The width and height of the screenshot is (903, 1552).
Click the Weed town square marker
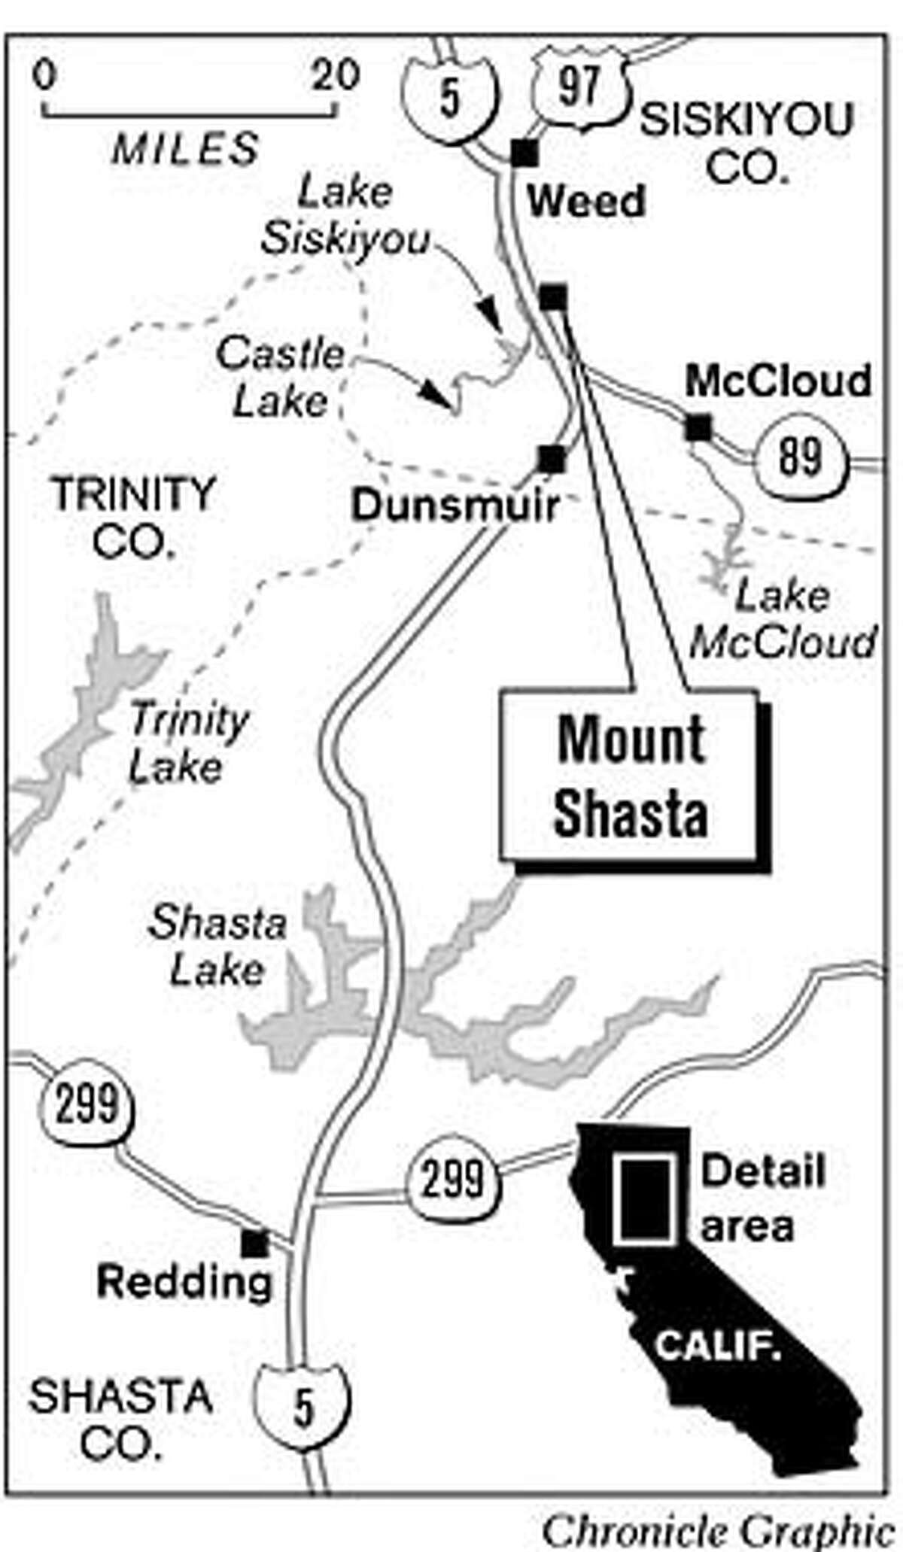click(524, 153)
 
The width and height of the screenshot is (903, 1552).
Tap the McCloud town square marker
click(698, 428)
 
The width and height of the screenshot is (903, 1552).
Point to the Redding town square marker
click(254, 1244)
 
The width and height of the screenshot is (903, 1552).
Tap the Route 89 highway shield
click(799, 457)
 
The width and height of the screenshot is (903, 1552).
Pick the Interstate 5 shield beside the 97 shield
click(449, 98)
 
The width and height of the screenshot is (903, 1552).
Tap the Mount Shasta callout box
click(631, 778)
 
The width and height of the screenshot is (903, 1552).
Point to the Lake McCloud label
click(783, 619)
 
